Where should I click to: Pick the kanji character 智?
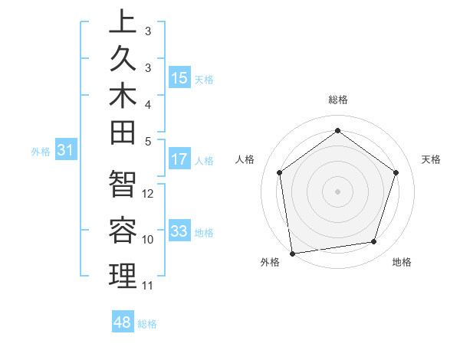(123, 185)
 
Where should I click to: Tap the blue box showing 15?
(179, 78)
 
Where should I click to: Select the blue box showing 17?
(179, 160)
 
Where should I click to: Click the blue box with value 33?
(179, 231)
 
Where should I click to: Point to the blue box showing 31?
(66, 151)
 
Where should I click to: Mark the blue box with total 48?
(123, 322)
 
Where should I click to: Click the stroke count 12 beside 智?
(149, 194)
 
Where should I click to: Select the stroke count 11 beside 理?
(149, 286)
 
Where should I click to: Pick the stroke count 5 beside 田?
(148, 141)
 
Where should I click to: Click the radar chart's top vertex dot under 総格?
(337, 130)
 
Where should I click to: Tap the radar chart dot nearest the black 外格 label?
(291, 253)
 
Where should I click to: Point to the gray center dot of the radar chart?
(337, 191)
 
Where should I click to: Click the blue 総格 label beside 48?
(147, 324)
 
